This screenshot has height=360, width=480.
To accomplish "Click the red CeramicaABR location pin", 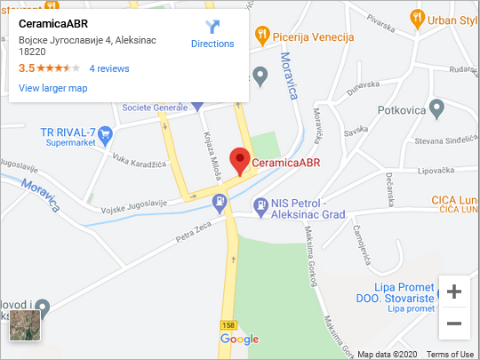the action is (x=239, y=160).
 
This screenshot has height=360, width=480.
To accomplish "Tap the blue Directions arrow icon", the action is (x=212, y=27).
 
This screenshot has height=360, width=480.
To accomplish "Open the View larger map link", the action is (x=52, y=88).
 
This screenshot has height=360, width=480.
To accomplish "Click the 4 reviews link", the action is (x=109, y=68).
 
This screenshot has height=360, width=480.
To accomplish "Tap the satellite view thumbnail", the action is (x=25, y=325).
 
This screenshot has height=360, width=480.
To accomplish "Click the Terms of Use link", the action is (x=450, y=354).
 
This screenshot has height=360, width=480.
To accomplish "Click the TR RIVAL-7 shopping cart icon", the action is (x=106, y=135).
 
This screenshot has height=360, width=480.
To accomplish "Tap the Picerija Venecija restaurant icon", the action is (x=261, y=36).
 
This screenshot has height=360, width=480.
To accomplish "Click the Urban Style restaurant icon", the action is (x=417, y=17).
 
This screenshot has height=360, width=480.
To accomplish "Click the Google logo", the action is (x=239, y=340).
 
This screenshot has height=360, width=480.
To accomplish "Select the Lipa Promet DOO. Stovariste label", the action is (x=394, y=295).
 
